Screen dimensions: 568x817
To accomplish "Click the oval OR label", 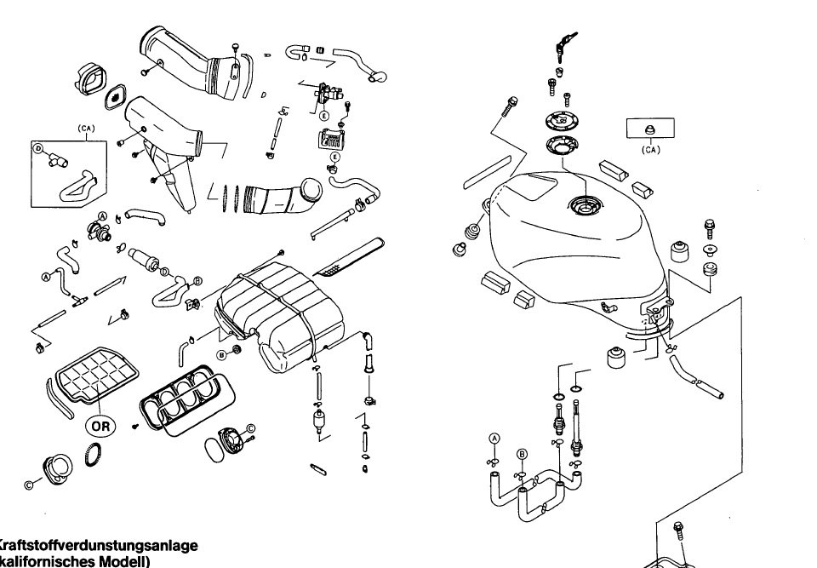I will pos(100,423).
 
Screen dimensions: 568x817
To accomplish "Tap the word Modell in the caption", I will pos(119,561).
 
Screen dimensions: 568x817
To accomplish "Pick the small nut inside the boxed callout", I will pos(649,129).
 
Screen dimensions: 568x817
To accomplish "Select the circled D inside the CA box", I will pos(38,148).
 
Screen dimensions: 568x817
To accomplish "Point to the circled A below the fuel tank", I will pos(494,437).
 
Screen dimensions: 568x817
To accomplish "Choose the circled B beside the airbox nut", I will pos(221,352).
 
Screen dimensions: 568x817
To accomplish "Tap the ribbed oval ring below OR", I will pos(99,456).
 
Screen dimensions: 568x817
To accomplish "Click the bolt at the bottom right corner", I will pos(678,531).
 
